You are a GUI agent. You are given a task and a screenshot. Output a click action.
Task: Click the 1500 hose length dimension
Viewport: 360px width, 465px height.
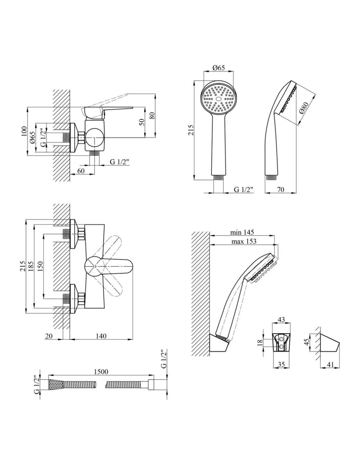pyautogui.click(x=101, y=371)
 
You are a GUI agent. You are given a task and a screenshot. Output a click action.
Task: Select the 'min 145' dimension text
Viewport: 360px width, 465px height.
pyautogui.click(x=242, y=232)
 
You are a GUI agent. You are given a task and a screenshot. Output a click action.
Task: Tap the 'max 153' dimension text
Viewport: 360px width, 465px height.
pyautogui.click(x=244, y=241)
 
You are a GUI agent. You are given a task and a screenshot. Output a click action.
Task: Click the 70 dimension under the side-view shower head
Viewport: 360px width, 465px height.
pyautogui.click(x=280, y=189)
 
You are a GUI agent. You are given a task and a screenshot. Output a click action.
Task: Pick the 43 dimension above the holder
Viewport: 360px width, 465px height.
pyautogui.click(x=281, y=319)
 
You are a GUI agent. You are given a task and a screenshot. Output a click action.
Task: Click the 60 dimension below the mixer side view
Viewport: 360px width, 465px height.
pyautogui.click(x=81, y=170)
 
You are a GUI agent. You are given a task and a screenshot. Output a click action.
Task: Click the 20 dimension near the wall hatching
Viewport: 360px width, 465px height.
pyautogui.click(x=49, y=336)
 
